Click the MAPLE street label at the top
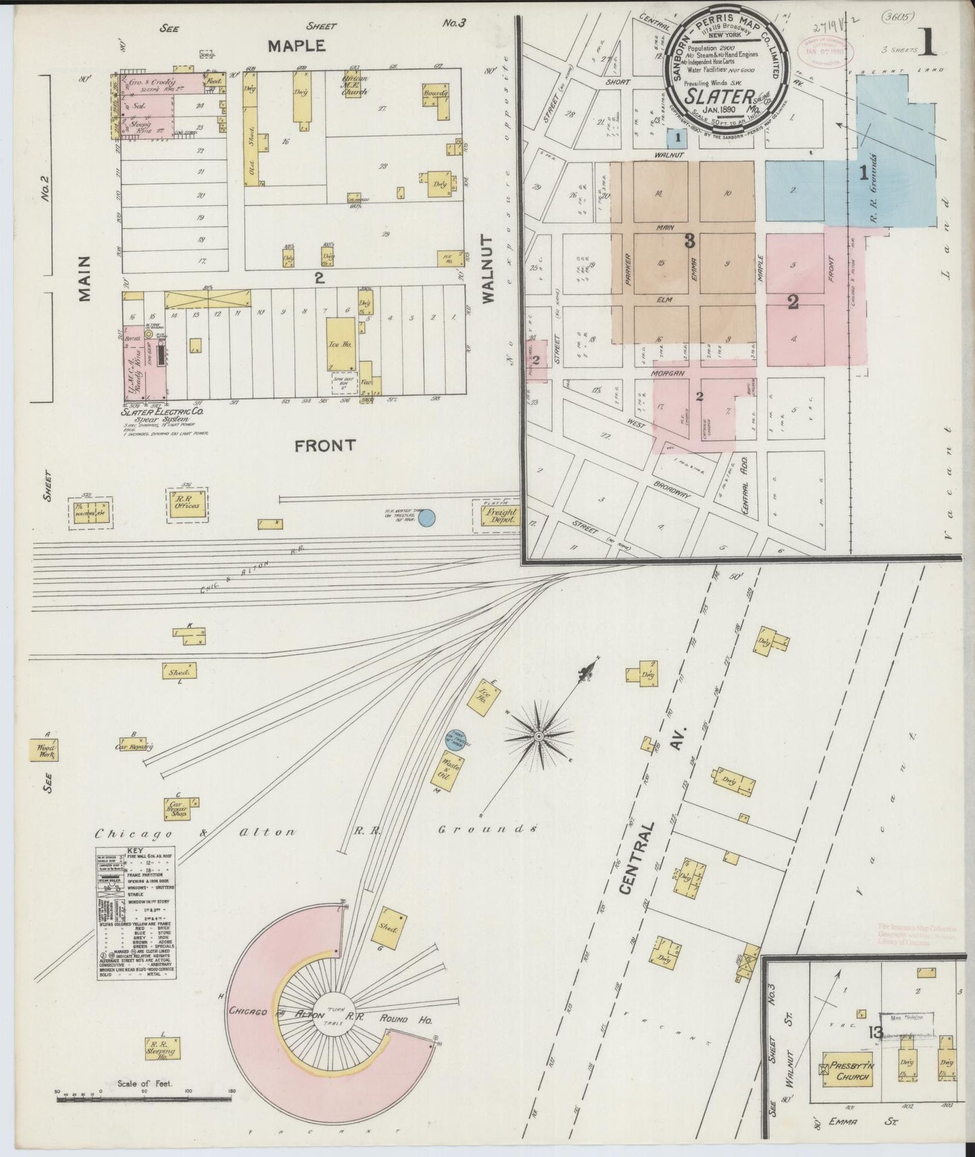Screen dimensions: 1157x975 point(297,46)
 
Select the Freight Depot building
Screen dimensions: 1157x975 point(498,516)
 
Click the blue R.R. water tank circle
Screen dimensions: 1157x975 point(426,518)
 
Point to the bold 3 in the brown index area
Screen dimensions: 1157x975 point(690,241)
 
